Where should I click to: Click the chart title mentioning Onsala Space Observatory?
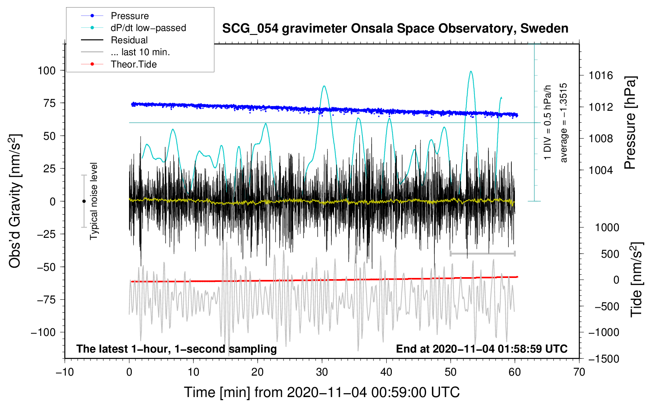tap(395, 29)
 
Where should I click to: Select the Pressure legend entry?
tap(129, 16)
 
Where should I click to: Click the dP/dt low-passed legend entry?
tap(148, 28)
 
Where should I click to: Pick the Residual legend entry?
tap(129, 40)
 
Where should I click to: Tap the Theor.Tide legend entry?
tap(133, 64)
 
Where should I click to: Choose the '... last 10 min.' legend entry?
tap(140, 52)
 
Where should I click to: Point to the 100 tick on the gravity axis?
tap(46, 71)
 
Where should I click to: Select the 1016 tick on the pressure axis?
tap(601, 75)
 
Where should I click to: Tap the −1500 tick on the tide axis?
tap(604, 359)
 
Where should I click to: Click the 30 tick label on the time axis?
tap(322, 372)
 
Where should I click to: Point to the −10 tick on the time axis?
tap(65, 372)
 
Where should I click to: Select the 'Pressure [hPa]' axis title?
tap(630, 123)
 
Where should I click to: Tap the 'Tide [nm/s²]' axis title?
tap(636, 280)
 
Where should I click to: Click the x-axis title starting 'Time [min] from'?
tap(322, 392)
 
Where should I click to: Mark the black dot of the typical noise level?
tap(84, 201)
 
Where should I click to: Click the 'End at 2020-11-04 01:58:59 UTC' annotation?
tap(482, 349)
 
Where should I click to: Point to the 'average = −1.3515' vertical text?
tap(563, 123)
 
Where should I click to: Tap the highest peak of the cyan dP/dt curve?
tap(471, 71)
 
